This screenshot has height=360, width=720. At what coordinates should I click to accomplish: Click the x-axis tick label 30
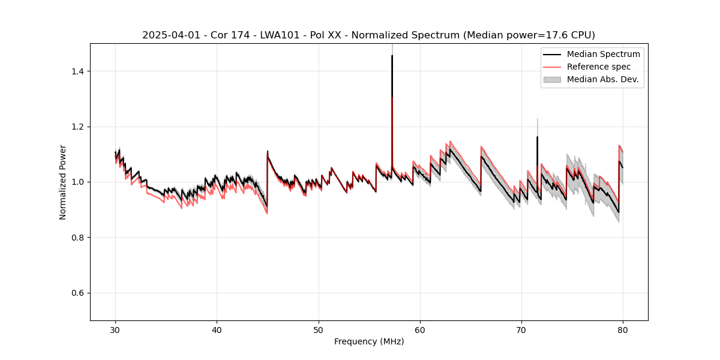point(116,329)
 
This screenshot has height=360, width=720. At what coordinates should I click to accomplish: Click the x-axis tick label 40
point(217,329)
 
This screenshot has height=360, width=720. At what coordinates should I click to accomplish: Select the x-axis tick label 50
point(319,329)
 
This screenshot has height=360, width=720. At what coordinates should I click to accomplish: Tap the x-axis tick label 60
point(420,329)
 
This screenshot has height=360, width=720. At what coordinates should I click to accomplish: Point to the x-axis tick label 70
point(521,329)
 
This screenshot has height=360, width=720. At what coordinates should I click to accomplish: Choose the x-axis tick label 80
point(623,329)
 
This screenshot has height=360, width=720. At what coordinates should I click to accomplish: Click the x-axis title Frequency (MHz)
point(369,341)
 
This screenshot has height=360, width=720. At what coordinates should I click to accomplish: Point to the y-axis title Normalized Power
point(62,182)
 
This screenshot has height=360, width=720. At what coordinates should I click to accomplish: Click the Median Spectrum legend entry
point(603,54)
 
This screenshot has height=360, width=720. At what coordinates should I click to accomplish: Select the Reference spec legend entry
point(599,67)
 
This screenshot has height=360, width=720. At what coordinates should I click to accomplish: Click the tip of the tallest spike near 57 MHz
point(392,56)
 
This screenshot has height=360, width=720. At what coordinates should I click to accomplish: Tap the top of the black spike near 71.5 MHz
point(537,137)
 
